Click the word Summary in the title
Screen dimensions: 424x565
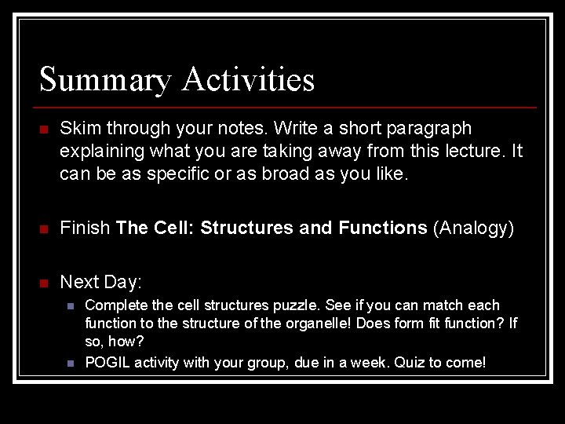pyautogui.click(x=105, y=80)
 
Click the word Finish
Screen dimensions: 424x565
pyautogui.click(x=85, y=228)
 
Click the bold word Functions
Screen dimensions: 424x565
pyautogui.click(x=382, y=228)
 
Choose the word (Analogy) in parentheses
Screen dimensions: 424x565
pyautogui.click(x=473, y=228)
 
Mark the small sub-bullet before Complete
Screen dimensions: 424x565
pyautogui.click(x=70, y=306)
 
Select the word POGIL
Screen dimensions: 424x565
pyautogui.click(x=108, y=363)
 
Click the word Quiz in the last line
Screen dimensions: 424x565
pyautogui.click(x=410, y=363)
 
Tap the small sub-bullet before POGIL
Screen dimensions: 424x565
pyautogui.click(x=70, y=364)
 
